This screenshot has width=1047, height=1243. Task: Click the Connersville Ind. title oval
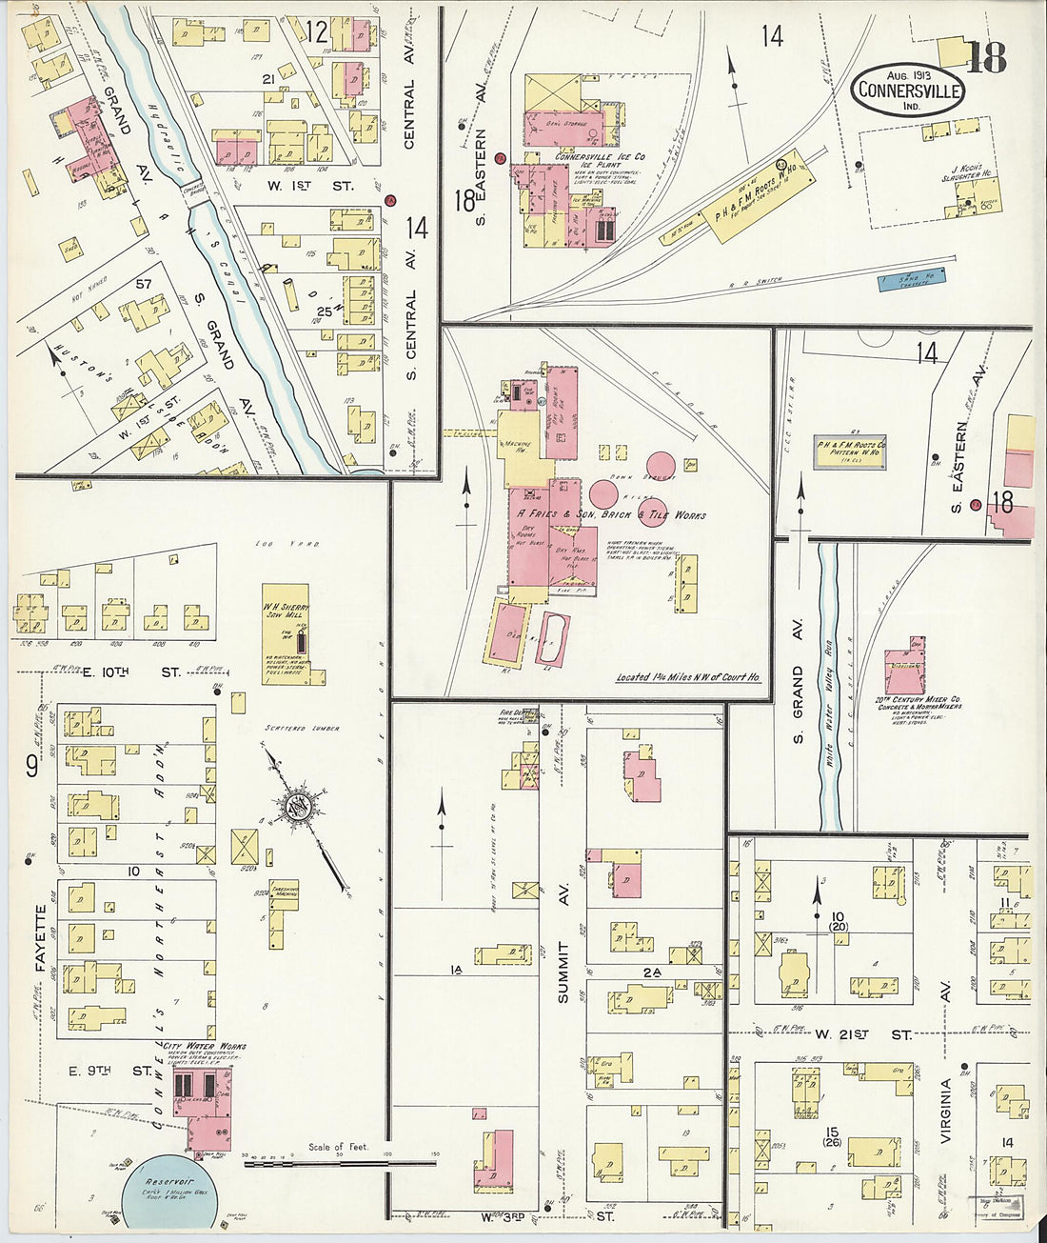tap(908, 90)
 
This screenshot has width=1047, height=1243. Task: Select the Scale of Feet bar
tap(338, 1159)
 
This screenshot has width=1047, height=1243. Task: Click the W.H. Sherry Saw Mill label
tap(286, 609)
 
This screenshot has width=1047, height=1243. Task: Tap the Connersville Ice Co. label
tap(600, 156)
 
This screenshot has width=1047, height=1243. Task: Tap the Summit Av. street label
tap(563, 972)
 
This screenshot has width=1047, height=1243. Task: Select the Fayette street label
tap(41, 935)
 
